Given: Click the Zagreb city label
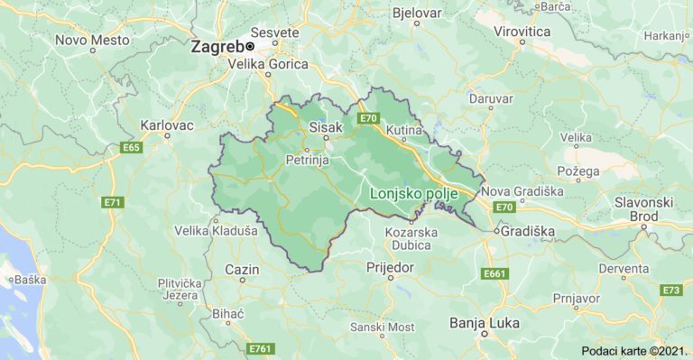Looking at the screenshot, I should point(217,46).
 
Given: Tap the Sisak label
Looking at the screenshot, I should point(327,127).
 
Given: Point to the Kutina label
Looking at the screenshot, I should point(404,132).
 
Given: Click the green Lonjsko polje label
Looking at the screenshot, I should point(414,193).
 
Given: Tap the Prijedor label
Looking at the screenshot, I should point(390,268).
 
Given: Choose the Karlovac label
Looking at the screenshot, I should point(167,125).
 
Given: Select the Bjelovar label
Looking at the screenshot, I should point(417,13).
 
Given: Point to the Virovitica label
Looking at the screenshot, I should point(522,31).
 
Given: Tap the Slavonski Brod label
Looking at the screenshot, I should point(644,208).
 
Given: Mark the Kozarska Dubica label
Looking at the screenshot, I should point(411,239).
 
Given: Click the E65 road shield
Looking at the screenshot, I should point(132,147).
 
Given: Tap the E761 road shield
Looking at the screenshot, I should point(260,348).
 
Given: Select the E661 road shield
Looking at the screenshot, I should point(495,272).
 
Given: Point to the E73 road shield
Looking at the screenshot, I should point(670,290).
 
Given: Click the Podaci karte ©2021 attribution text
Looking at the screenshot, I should point(633,349).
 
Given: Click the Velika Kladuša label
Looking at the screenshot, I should point(217,231).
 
